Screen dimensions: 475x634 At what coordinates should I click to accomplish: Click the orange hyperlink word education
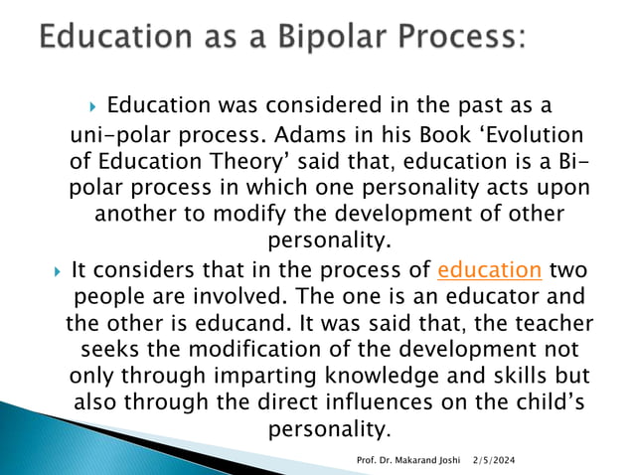489,269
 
